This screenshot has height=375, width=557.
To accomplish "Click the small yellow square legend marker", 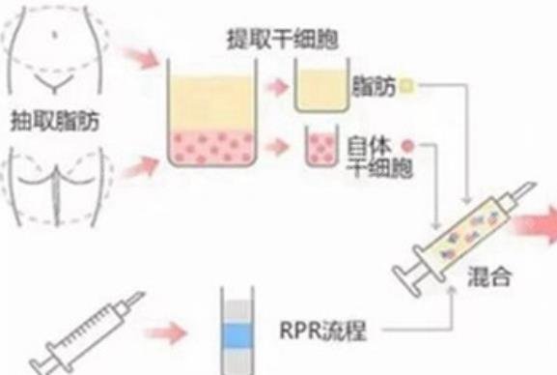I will (x=408, y=86).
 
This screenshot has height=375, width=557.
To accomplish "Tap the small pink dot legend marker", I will (x=408, y=146).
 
